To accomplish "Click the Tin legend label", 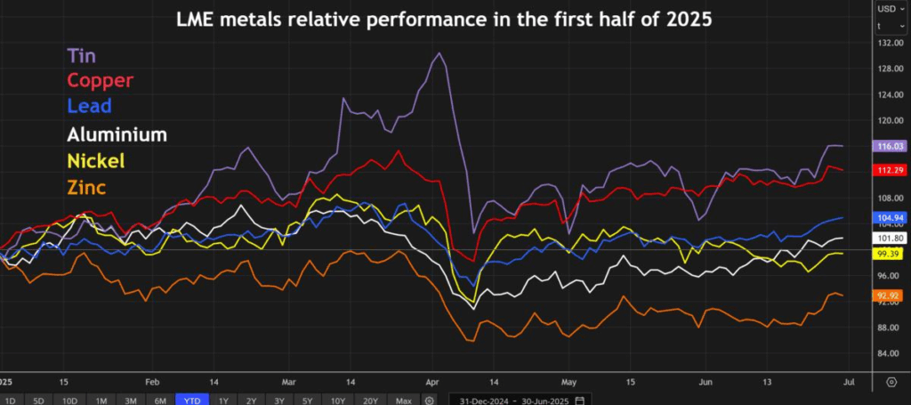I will (x=83, y=55).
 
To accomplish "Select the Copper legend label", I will (x=101, y=81).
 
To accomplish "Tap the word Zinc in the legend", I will (x=86, y=187).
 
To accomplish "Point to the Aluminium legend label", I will (x=117, y=134).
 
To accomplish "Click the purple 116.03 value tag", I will (x=891, y=145).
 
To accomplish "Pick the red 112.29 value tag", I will (x=891, y=170).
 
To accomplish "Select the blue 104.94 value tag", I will (x=891, y=218).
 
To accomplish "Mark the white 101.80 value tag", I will (x=891, y=239).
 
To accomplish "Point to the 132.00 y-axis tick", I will (x=891, y=43).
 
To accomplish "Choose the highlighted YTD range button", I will (x=191, y=400).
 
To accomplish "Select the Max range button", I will (x=404, y=400).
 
